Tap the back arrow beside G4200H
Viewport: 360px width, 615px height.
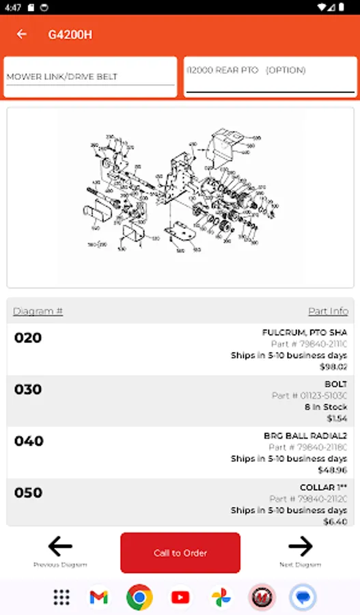(x=22, y=34)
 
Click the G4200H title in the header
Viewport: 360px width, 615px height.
(x=70, y=34)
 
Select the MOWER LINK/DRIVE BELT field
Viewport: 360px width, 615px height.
(x=90, y=77)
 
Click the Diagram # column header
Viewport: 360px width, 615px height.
(x=38, y=311)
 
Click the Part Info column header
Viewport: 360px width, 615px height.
(x=328, y=311)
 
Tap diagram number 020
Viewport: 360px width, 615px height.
(x=28, y=338)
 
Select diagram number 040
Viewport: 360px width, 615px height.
(x=28, y=441)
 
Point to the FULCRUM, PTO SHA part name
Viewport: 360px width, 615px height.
(x=305, y=333)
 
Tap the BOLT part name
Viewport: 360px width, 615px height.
(x=335, y=384)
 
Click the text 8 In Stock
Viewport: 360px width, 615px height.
(x=326, y=407)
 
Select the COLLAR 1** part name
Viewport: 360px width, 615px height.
(x=323, y=488)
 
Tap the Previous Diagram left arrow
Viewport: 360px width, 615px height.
(x=60, y=547)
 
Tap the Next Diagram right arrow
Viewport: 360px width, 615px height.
(x=300, y=547)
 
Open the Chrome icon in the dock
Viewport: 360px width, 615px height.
(x=139, y=597)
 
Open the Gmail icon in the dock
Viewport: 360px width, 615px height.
(x=98, y=597)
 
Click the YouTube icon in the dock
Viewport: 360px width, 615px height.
(x=180, y=597)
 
